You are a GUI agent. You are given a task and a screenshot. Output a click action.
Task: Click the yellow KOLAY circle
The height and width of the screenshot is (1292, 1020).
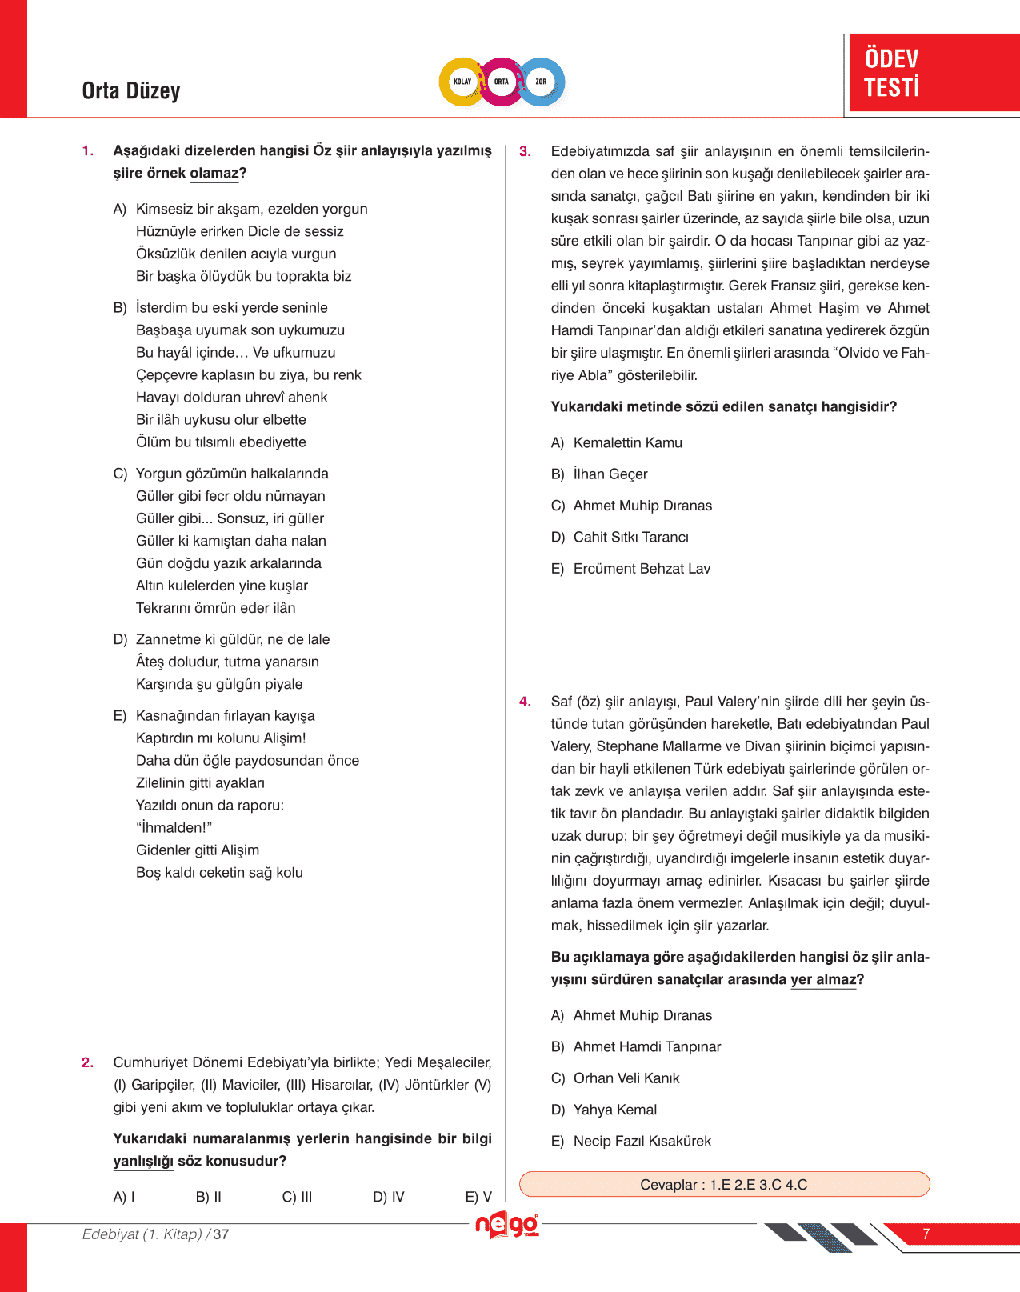(462, 82)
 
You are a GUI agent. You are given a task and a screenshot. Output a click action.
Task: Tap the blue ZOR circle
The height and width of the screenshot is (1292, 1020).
(541, 82)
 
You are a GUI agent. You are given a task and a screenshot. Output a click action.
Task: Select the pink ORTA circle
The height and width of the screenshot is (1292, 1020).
(502, 82)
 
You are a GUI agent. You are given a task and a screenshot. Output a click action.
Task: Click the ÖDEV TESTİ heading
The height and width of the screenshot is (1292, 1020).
(892, 73)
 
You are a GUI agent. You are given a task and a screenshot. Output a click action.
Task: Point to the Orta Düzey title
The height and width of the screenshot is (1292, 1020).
(131, 91)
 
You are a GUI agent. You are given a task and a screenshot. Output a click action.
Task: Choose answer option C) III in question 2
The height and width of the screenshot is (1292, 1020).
(297, 1197)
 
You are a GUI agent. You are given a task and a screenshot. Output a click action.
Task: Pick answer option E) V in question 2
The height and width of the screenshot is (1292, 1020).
(478, 1197)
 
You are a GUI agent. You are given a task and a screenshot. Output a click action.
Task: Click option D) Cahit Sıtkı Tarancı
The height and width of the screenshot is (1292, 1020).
(620, 537)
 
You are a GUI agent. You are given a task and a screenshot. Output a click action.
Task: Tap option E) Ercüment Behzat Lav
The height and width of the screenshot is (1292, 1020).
(630, 569)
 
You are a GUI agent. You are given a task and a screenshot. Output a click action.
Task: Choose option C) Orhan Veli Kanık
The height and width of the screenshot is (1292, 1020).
(615, 1078)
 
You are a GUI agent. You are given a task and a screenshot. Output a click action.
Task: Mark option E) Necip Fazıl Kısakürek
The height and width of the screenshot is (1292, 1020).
(631, 1141)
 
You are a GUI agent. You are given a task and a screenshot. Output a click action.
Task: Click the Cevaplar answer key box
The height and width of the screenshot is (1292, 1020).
(724, 1185)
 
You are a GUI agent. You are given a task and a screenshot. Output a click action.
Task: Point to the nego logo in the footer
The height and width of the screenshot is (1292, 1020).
(507, 1226)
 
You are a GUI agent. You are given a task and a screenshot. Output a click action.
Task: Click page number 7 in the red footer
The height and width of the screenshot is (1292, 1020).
(926, 1234)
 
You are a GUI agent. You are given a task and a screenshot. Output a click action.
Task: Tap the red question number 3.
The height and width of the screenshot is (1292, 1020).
(525, 151)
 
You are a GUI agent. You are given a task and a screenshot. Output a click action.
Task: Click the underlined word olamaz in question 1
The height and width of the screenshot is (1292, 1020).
(214, 174)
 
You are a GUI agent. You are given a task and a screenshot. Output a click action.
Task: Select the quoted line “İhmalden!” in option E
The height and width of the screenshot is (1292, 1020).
(174, 828)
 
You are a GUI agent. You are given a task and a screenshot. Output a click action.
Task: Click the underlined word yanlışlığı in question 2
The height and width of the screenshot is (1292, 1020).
(143, 1161)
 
